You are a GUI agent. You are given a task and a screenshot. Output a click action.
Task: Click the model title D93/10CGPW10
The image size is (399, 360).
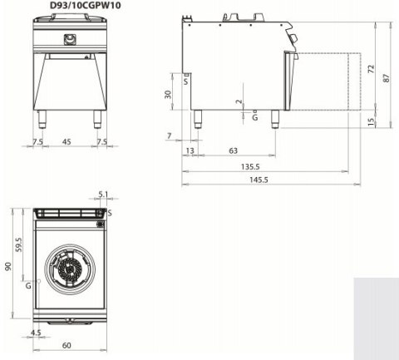[71, 7]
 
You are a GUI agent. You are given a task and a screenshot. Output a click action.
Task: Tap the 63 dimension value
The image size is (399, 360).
[234, 151]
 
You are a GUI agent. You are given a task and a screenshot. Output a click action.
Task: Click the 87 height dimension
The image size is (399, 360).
[387, 76]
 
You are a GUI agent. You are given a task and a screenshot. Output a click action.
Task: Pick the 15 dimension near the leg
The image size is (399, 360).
[372, 121]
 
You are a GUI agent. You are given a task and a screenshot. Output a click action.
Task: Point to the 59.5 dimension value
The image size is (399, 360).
[18, 244]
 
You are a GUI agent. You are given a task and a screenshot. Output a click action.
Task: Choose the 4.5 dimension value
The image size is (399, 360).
[35, 333]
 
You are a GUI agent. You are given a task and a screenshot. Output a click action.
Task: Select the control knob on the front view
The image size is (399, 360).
[69, 39]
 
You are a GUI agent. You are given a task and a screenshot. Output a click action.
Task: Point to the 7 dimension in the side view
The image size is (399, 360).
[169, 136]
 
